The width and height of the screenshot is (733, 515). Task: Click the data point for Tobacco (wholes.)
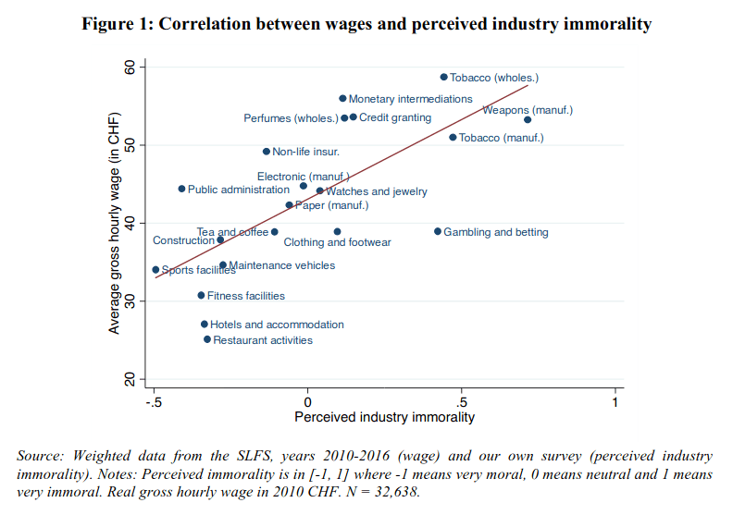[x=443, y=78]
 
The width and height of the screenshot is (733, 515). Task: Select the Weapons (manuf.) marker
[x=528, y=119]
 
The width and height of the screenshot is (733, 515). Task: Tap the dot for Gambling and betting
[x=438, y=231]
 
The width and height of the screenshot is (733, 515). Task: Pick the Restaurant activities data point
[x=207, y=339]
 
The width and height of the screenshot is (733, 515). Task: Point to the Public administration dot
[x=181, y=189]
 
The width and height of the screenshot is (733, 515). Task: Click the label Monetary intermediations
[x=410, y=99]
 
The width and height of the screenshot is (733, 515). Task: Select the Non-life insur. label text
[x=305, y=152]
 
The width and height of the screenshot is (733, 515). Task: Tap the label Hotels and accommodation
[x=277, y=325]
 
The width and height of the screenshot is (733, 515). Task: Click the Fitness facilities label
[x=245, y=296]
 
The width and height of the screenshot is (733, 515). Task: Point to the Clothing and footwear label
[x=337, y=242]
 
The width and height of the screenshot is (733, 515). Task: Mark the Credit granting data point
[x=354, y=117]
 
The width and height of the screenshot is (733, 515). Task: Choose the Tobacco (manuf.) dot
[x=453, y=137]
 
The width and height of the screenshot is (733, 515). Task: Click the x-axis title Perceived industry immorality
[x=384, y=417]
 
